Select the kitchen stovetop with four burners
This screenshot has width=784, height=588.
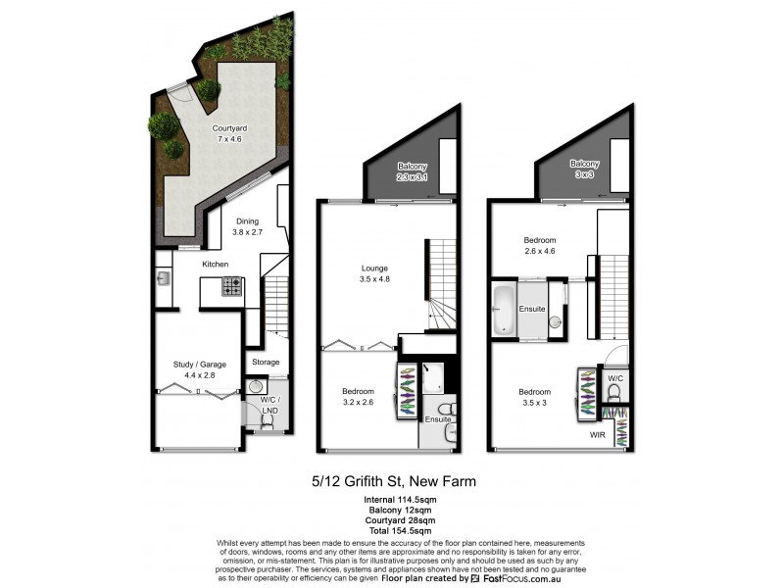point(232,286)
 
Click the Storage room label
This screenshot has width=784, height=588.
point(266,362)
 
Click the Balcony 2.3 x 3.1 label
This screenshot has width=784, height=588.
point(413,171)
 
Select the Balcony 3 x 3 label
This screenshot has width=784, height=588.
point(585,170)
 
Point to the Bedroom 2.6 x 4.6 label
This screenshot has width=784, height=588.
point(539,246)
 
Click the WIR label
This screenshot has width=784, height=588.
point(597,433)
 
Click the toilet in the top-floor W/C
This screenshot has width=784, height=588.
point(615,393)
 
